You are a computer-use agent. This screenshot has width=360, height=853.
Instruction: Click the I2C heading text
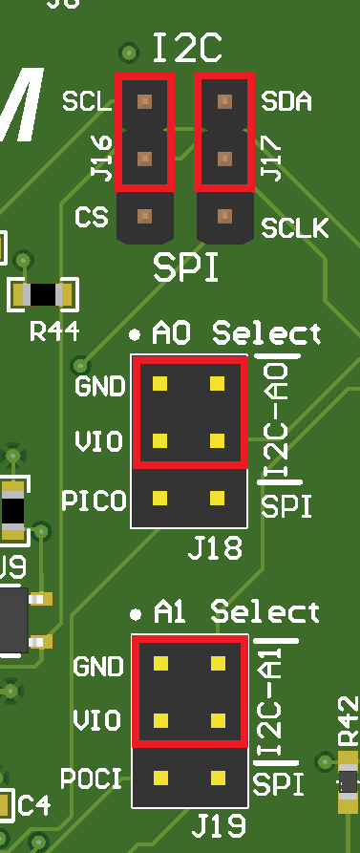187,47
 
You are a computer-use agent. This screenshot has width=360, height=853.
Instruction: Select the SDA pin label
286,101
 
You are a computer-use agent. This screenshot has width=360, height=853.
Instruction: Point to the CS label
91,217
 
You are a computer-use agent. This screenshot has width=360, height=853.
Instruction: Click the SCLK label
295,228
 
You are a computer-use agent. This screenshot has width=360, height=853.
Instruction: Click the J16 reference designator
100,159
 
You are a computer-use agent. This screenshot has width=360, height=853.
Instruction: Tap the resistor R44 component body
43,295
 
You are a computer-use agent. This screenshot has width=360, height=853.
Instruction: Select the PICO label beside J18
93,500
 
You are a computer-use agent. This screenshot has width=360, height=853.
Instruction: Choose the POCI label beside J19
93,778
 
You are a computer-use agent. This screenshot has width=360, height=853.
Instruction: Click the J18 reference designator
215,548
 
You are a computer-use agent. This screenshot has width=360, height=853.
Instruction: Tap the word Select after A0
267,334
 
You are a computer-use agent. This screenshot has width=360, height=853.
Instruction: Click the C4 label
34,804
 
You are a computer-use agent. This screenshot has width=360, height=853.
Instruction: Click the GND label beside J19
98,666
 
